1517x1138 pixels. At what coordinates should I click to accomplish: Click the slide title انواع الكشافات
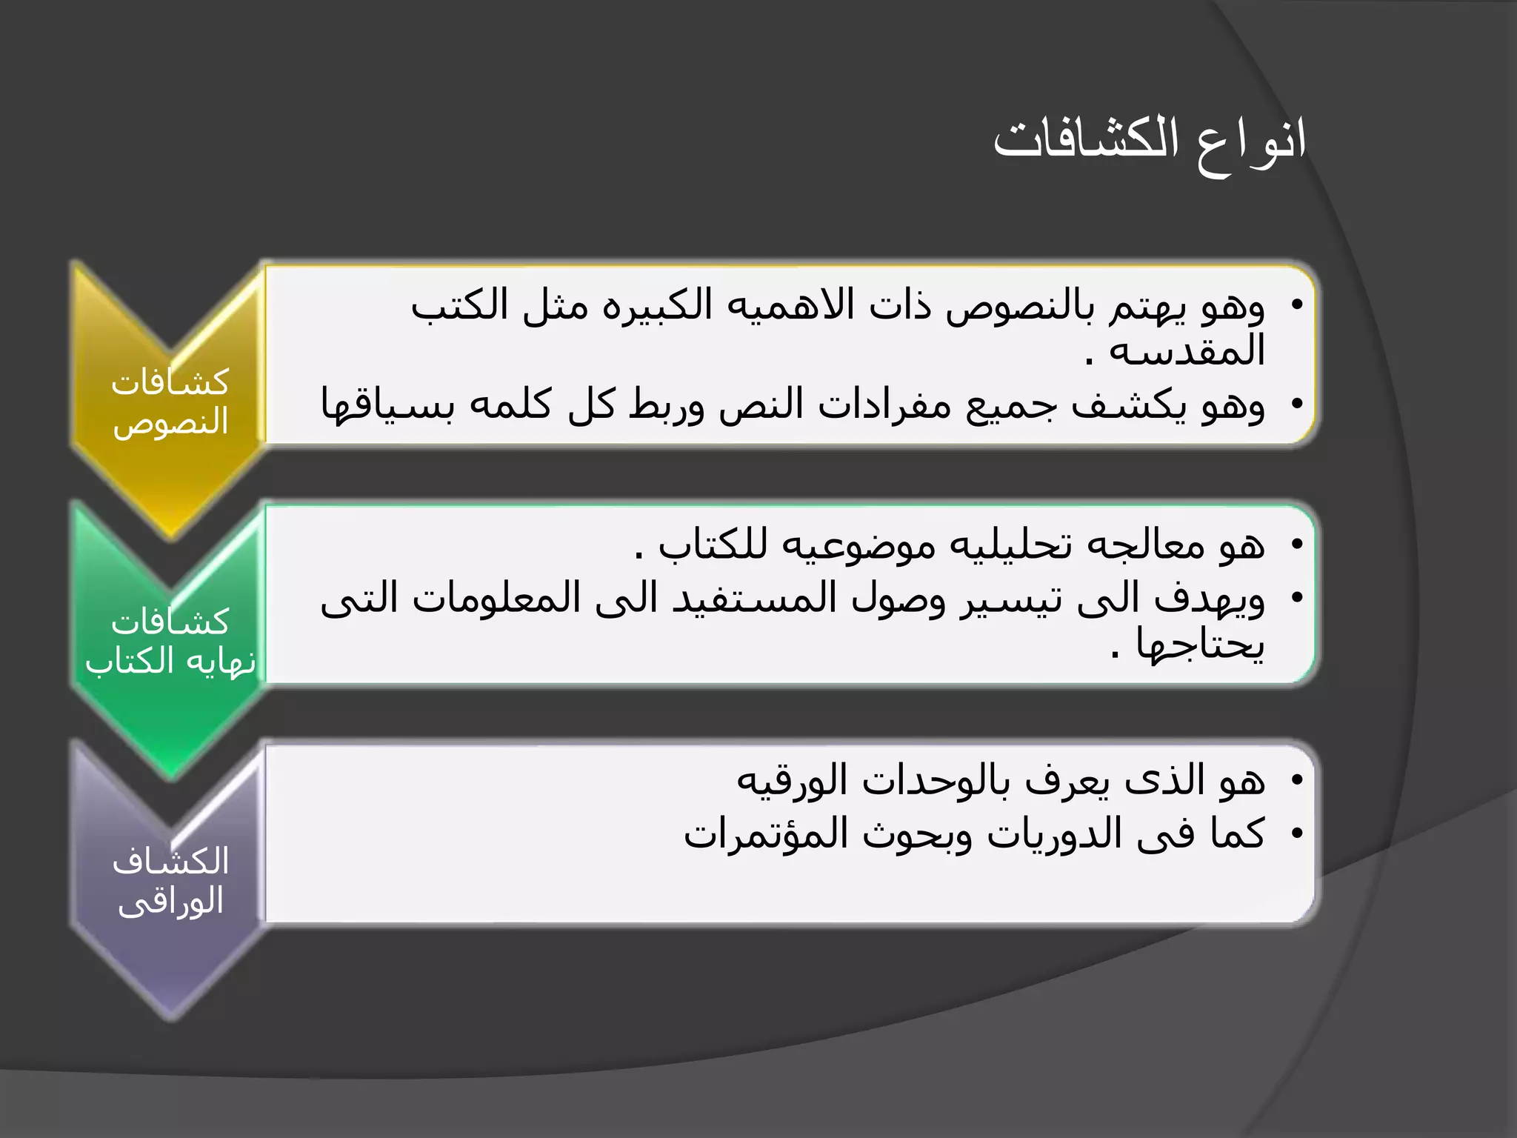(x=1149, y=141)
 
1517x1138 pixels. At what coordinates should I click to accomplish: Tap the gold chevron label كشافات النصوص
(x=170, y=402)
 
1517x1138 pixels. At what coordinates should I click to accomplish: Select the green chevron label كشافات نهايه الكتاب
(x=170, y=642)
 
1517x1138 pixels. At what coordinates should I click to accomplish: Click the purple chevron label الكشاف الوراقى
(x=170, y=881)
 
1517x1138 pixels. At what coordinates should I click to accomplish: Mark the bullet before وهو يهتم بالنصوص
(x=1296, y=305)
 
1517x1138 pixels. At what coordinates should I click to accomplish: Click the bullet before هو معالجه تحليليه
(x=1296, y=545)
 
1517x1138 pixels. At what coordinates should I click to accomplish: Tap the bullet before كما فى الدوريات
(x=1296, y=834)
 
